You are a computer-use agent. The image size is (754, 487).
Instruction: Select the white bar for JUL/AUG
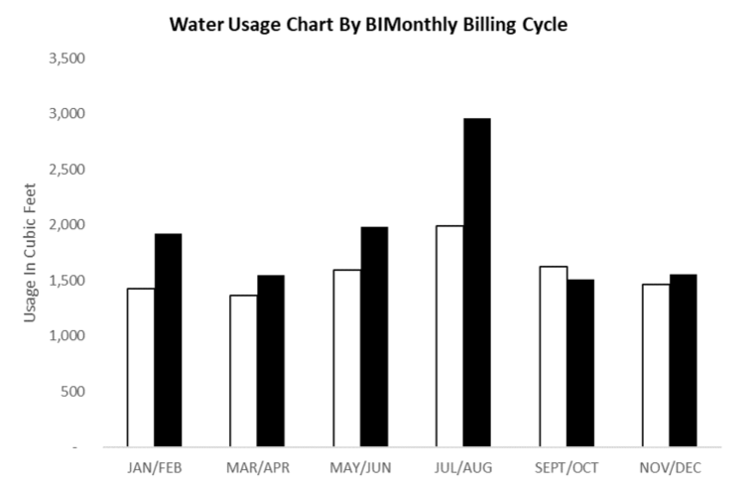449,336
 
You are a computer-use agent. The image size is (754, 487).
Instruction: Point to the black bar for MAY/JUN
374,337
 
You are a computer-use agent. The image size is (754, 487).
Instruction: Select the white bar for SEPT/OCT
553,357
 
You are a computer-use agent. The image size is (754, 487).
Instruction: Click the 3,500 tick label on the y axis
67,59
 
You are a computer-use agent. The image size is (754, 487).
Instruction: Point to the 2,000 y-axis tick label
67,225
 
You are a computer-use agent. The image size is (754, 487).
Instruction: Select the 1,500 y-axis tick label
67,281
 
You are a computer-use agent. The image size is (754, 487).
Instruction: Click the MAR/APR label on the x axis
258,467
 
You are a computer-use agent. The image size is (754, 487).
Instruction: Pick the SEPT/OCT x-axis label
566,467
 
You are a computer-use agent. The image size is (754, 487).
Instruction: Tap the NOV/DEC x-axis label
670,467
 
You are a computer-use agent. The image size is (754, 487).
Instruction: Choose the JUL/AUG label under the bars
463,467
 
